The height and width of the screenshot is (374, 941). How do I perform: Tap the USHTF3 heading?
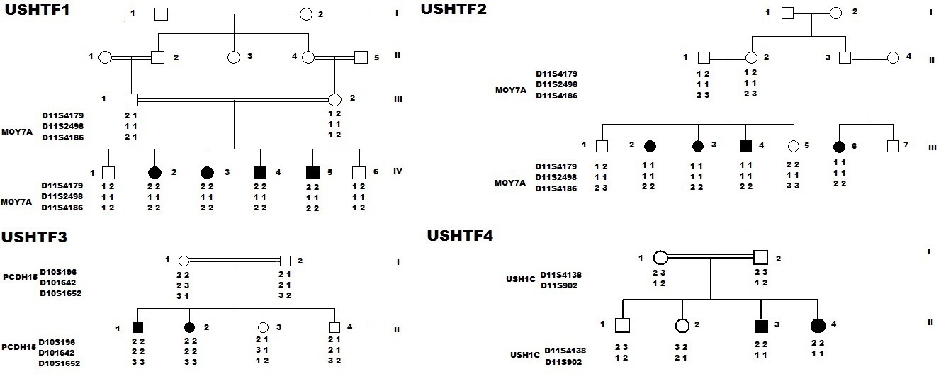click(34, 237)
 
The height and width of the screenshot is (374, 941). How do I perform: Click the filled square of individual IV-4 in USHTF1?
click(260, 172)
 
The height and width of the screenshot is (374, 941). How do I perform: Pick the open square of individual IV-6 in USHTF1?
click(359, 172)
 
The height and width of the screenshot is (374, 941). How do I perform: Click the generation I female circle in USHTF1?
click(306, 13)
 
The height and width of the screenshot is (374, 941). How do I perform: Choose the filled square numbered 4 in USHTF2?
click(745, 147)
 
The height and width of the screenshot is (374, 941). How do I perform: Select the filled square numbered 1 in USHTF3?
click(139, 327)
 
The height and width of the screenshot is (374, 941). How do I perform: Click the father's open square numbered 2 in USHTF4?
click(760, 257)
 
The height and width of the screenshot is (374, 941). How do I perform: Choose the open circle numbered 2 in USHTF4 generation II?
click(682, 326)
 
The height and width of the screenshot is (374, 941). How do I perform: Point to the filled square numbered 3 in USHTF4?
click(760, 326)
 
